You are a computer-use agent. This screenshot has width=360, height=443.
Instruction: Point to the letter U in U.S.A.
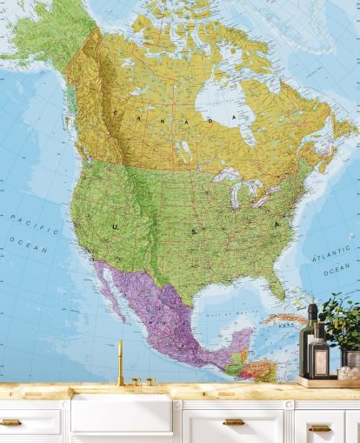point(116,225)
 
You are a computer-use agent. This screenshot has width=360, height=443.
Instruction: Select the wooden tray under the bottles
point(327,381)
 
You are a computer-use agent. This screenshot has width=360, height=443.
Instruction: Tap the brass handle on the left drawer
point(10,422)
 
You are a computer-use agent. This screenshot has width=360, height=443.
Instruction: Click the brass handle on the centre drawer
point(234,422)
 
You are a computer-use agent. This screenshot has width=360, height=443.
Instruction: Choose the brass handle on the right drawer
point(319,427)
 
